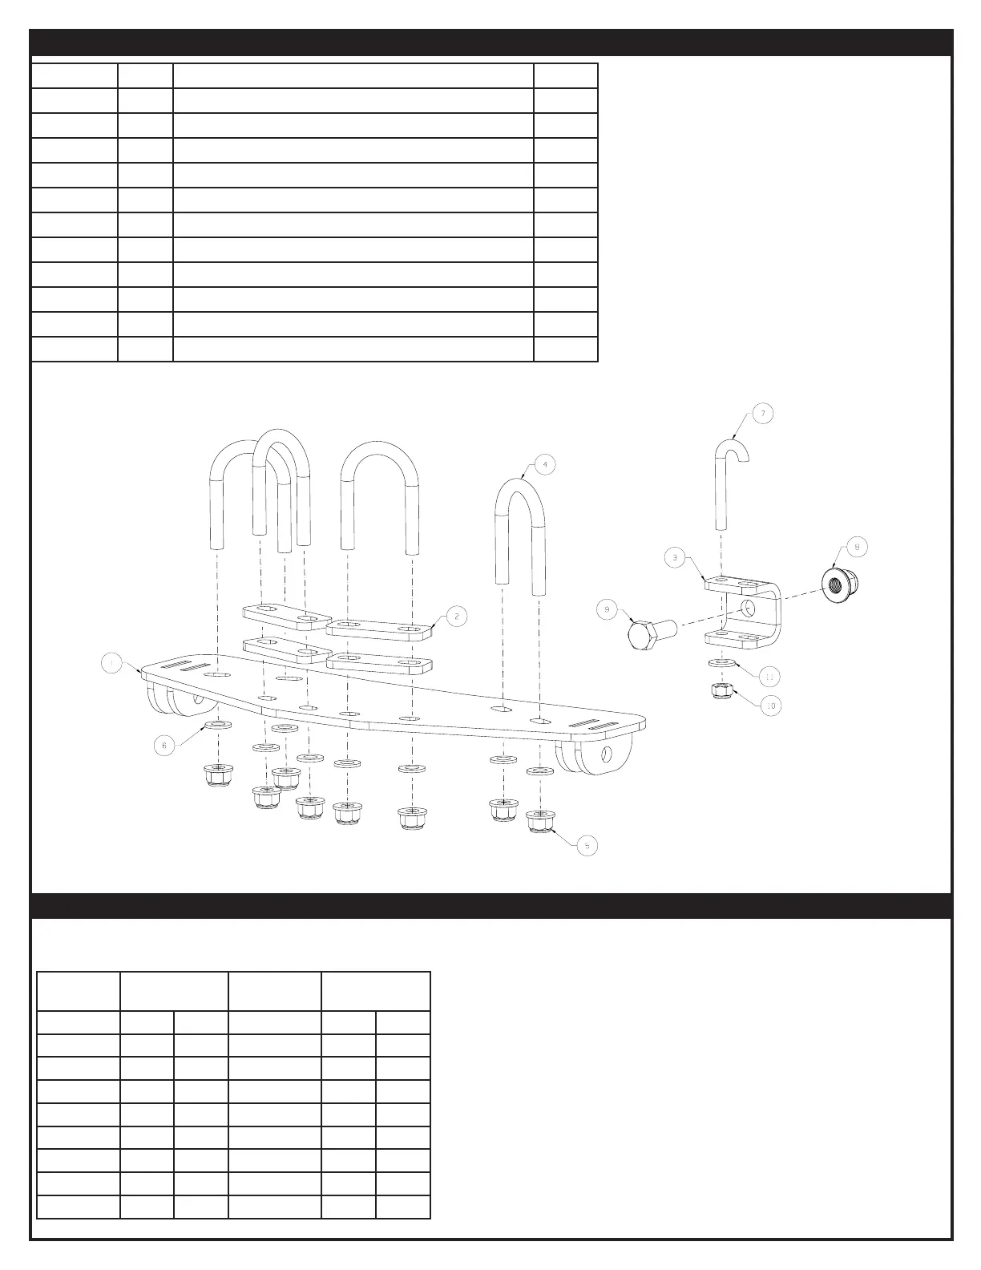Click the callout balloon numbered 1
click(111, 663)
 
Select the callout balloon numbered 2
click(456, 616)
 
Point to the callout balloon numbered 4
click(544, 464)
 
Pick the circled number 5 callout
click(587, 845)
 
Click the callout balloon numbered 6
click(164, 745)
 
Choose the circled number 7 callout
click(762, 414)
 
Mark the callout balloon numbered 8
click(856, 547)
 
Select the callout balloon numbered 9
click(607, 610)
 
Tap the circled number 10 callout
click(771, 706)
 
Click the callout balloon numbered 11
click(769, 677)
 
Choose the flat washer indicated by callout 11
click(722, 665)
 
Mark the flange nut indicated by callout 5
click(542, 821)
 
